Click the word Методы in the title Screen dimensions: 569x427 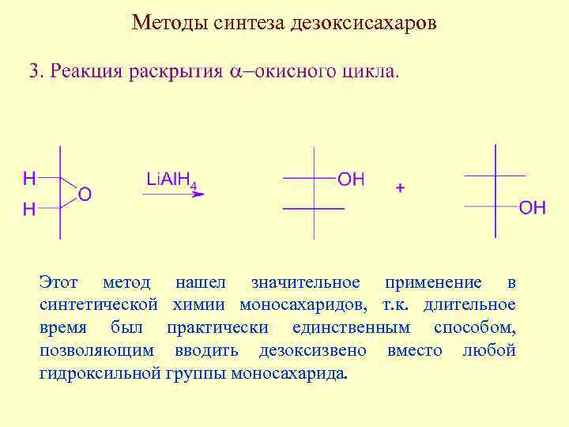click(x=168, y=21)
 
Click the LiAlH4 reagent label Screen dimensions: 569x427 click(x=171, y=180)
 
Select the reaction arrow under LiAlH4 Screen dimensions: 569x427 click(x=173, y=195)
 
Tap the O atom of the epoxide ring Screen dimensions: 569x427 click(x=85, y=194)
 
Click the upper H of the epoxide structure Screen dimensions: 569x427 click(x=29, y=179)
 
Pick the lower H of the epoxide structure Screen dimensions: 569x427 click(x=29, y=209)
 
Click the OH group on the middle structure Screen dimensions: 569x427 click(x=351, y=179)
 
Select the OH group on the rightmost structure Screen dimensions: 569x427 click(x=533, y=208)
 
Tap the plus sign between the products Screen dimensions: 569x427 click(x=400, y=188)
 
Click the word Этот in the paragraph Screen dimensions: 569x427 click(x=58, y=282)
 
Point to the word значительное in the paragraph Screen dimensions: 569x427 click(x=305, y=282)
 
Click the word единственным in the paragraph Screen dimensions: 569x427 click(x=351, y=327)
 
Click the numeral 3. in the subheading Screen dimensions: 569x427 click(x=36, y=71)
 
